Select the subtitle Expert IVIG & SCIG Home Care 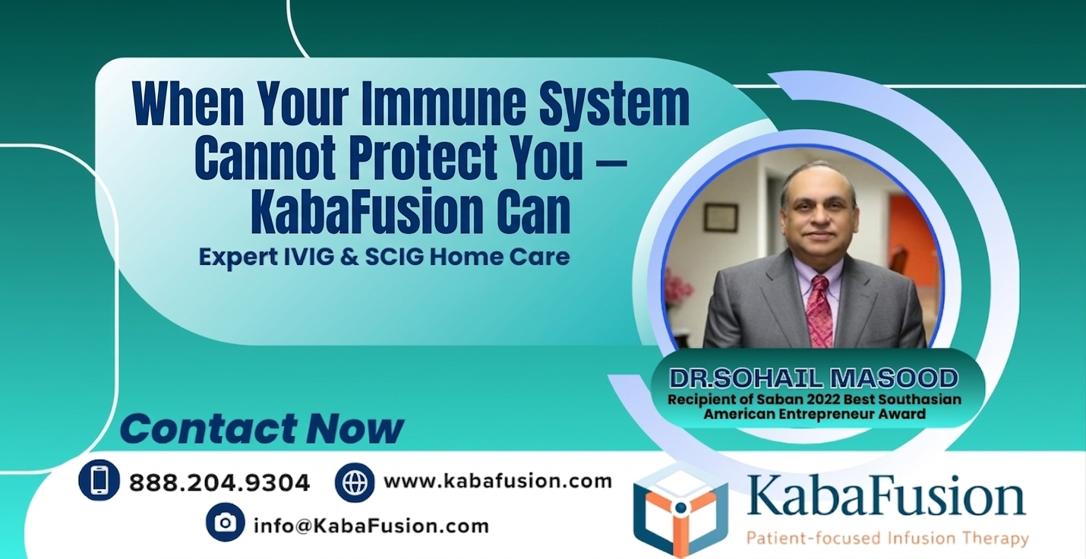[384, 257]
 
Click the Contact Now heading [261, 429]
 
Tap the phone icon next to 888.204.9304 [99, 480]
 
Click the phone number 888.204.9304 [219, 482]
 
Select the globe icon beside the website [355, 482]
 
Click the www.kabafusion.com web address [497, 481]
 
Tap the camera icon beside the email [225, 523]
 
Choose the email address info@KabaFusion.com [371, 525]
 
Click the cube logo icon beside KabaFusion [680, 510]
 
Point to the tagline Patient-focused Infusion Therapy [887, 539]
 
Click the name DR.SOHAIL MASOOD [813, 377]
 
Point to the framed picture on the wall [719, 218]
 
